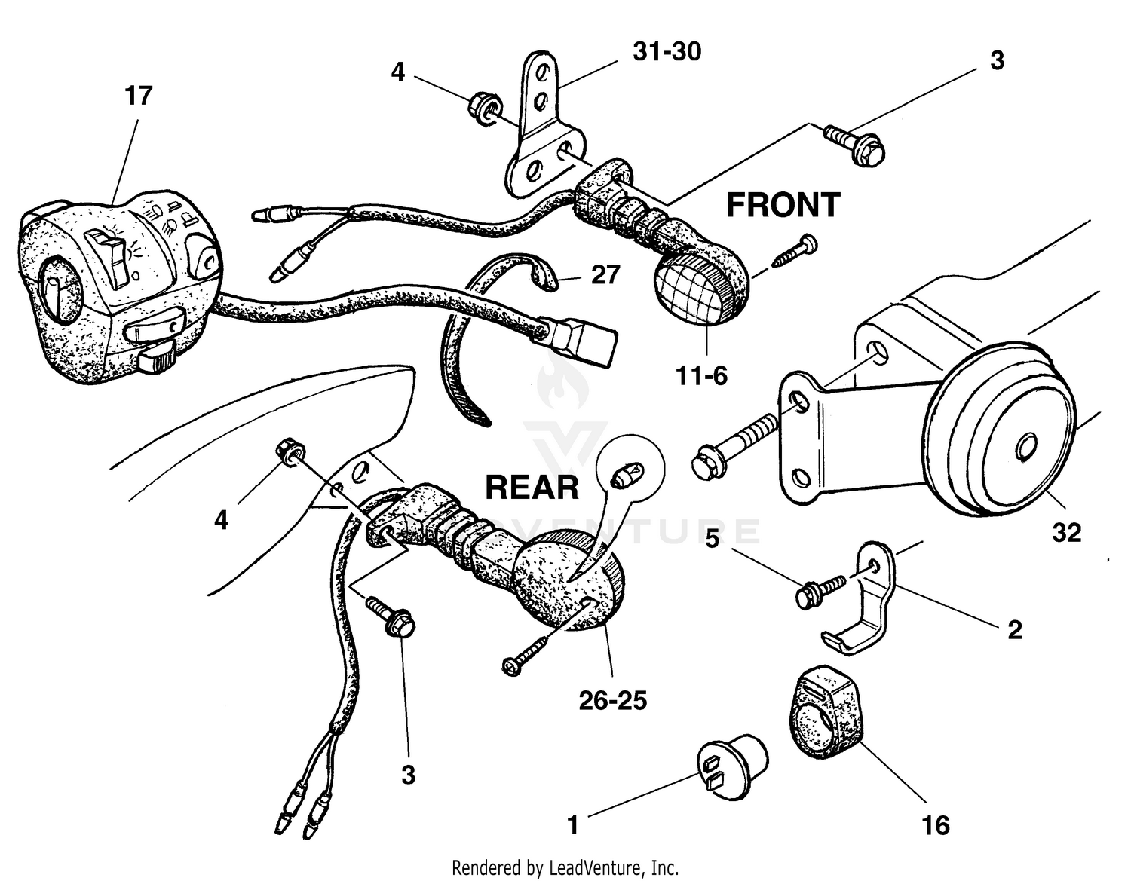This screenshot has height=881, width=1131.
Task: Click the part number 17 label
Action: coord(138,96)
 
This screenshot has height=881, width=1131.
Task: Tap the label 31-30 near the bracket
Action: coord(667,52)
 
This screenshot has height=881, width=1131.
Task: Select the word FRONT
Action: coord(783,205)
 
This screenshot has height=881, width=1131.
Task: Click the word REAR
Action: coord(532,488)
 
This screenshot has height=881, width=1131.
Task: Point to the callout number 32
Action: coord(1067,533)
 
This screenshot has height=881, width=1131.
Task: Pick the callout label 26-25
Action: coord(612,701)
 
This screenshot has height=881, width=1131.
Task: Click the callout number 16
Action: coord(936,825)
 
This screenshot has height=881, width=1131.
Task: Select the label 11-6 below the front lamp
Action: coord(701,375)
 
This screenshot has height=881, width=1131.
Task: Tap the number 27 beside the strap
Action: coord(605,275)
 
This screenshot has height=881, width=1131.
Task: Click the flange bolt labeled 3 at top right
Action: coord(855,145)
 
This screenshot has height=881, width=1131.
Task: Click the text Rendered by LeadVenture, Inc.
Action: coord(565,867)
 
